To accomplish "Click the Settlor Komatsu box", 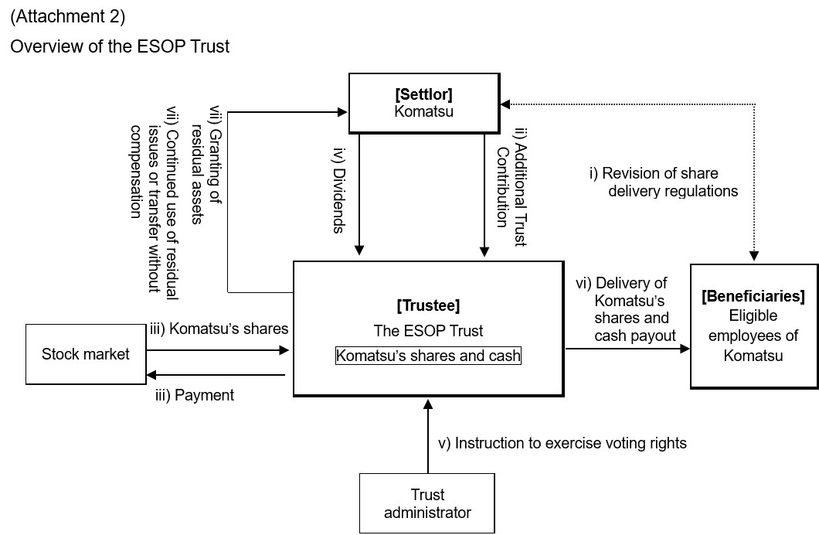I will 423,103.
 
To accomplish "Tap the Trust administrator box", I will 427,503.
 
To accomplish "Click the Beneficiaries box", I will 753,325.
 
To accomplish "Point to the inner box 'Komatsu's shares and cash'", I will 428,356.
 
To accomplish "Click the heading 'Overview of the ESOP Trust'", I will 120,46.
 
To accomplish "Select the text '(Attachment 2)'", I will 68,15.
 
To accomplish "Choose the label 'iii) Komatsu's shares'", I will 219,329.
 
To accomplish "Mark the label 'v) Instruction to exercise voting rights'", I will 562,443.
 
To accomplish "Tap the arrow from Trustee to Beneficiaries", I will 627,349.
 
